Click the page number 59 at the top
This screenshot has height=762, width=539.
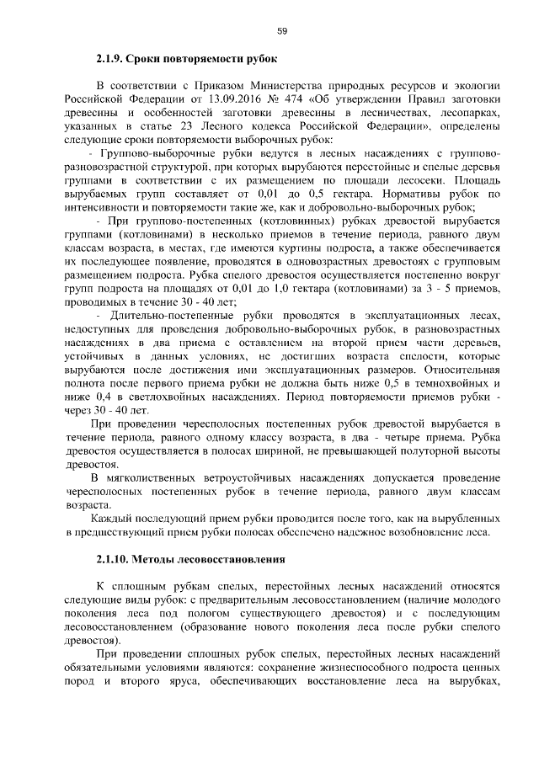point(282,31)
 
